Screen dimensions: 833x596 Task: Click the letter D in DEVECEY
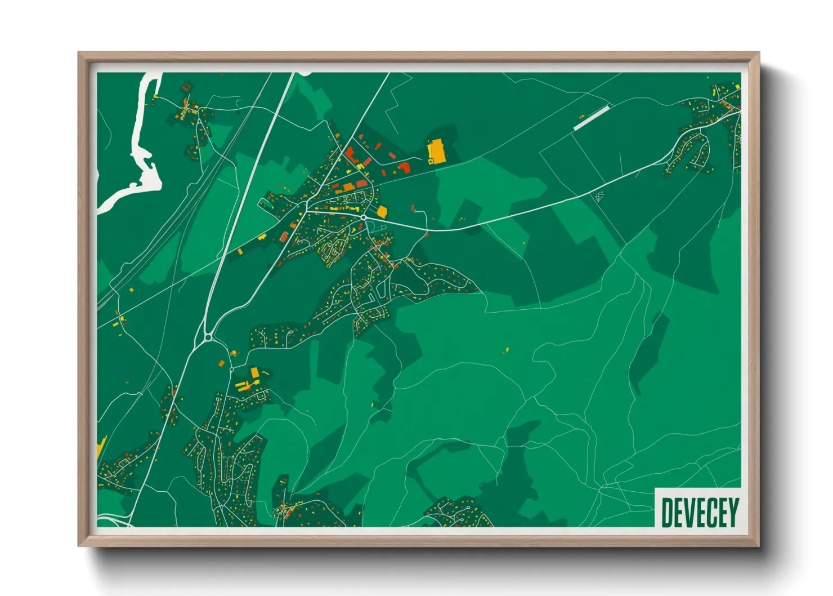click(668, 512)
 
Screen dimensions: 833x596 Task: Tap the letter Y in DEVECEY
click(733, 512)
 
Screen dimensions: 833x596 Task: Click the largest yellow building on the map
click(436, 152)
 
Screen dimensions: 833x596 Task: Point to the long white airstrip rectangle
click(591, 118)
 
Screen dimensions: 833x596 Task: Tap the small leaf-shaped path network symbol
click(600, 197)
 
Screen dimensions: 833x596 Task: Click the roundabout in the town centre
click(364, 217)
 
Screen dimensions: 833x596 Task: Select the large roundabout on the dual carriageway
click(208, 337)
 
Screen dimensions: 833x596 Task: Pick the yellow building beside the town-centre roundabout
click(382, 212)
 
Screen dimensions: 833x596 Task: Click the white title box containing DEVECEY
click(698, 508)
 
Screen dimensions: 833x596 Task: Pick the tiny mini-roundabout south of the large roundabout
click(231, 370)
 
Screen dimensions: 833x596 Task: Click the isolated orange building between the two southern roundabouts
click(222, 363)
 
